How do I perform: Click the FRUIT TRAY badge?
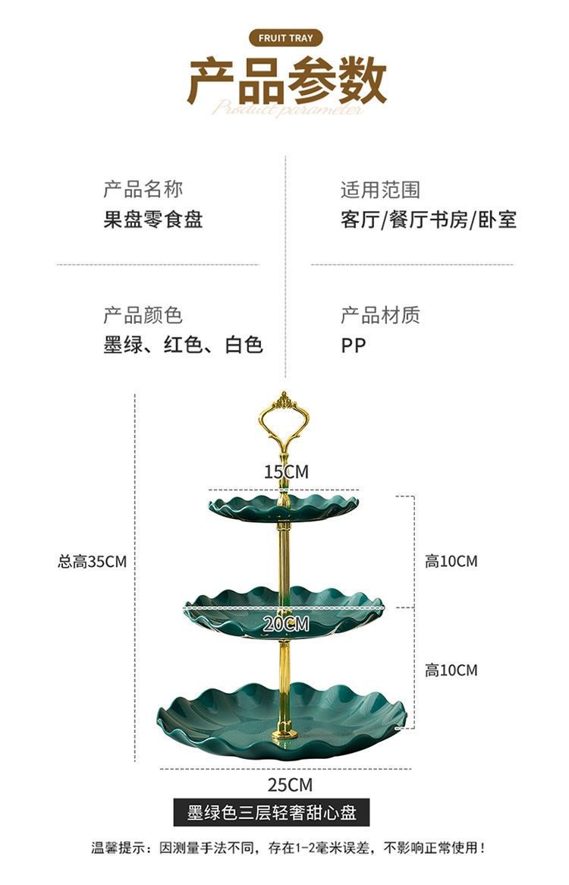pos(285,38)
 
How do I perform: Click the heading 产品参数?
pos(287,80)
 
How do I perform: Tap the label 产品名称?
pos(143,189)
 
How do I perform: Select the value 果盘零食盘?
pos(153,220)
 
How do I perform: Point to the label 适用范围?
pos(380,189)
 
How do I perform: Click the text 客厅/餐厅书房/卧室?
pos(429,220)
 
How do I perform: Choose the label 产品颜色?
pos(143,315)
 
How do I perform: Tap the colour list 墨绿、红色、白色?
pos(183,345)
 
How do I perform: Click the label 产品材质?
pos(380,315)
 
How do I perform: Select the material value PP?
pos(354,346)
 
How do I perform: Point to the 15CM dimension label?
pos(287,472)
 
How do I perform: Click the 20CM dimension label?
pos(287,624)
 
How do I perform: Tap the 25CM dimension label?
pos(290,785)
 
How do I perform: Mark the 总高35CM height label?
pos(92,562)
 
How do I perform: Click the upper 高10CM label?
pos(451,562)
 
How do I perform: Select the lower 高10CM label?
pos(451,670)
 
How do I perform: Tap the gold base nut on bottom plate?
pos(284,733)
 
